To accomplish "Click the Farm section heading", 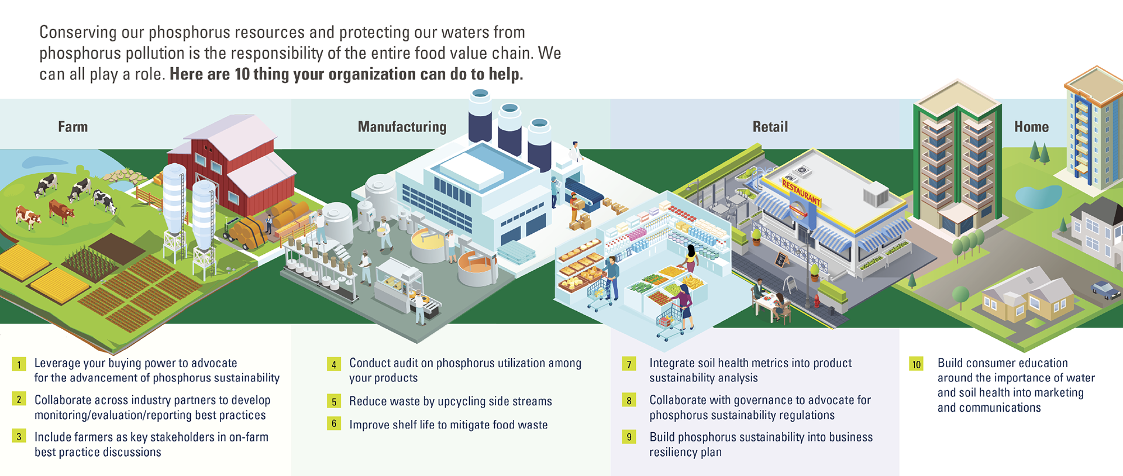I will pyautogui.click(x=73, y=127).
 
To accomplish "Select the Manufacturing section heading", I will pyautogui.click(x=402, y=127).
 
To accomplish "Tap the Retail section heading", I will pyautogui.click(x=770, y=127).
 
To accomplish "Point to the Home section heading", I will pyautogui.click(x=1031, y=127).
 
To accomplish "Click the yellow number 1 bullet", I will pyautogui.click(x=19, y=364).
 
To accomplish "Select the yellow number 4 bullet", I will pyautogui.click(x=334, y=364).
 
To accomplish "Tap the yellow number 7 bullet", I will pyautogui.click(x=629, y=364).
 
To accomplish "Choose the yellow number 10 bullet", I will pyautogui.click(x=916, y=364).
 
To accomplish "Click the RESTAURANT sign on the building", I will pyautogui.click(x=801, y=192).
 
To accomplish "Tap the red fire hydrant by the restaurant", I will pyautogui.click(x=817, y=301).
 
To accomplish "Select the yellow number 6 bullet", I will pyautogui.click(x=334, y=423).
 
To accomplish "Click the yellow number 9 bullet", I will pyautogui.click(x=629, y=437).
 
